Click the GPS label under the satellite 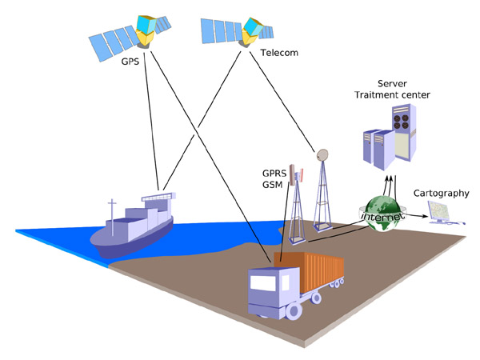128,61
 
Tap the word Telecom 279,54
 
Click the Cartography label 441,194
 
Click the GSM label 274,185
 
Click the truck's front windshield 263,284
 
